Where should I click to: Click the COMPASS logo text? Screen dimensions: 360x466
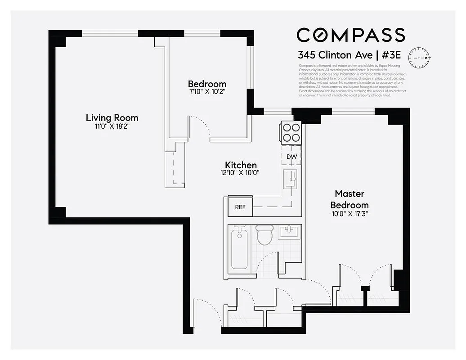(x=350, y=35)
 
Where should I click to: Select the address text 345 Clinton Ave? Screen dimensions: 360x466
(x=335, y=55)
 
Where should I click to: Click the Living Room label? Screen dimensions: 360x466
(x=112, y=118)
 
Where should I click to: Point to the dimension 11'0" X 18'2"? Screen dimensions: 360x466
(x=112, y=127)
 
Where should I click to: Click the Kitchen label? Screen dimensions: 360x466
(x=241, y=165)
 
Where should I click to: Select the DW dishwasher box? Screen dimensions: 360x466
(x=291, y=156)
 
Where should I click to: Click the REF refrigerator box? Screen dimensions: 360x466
(x=240, y=207)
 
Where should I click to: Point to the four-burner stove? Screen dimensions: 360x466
(x=291, y=132)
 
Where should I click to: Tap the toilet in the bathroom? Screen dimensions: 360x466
(x=264, y=234)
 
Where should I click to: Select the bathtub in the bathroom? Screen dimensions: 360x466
(x=239, y=248)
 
